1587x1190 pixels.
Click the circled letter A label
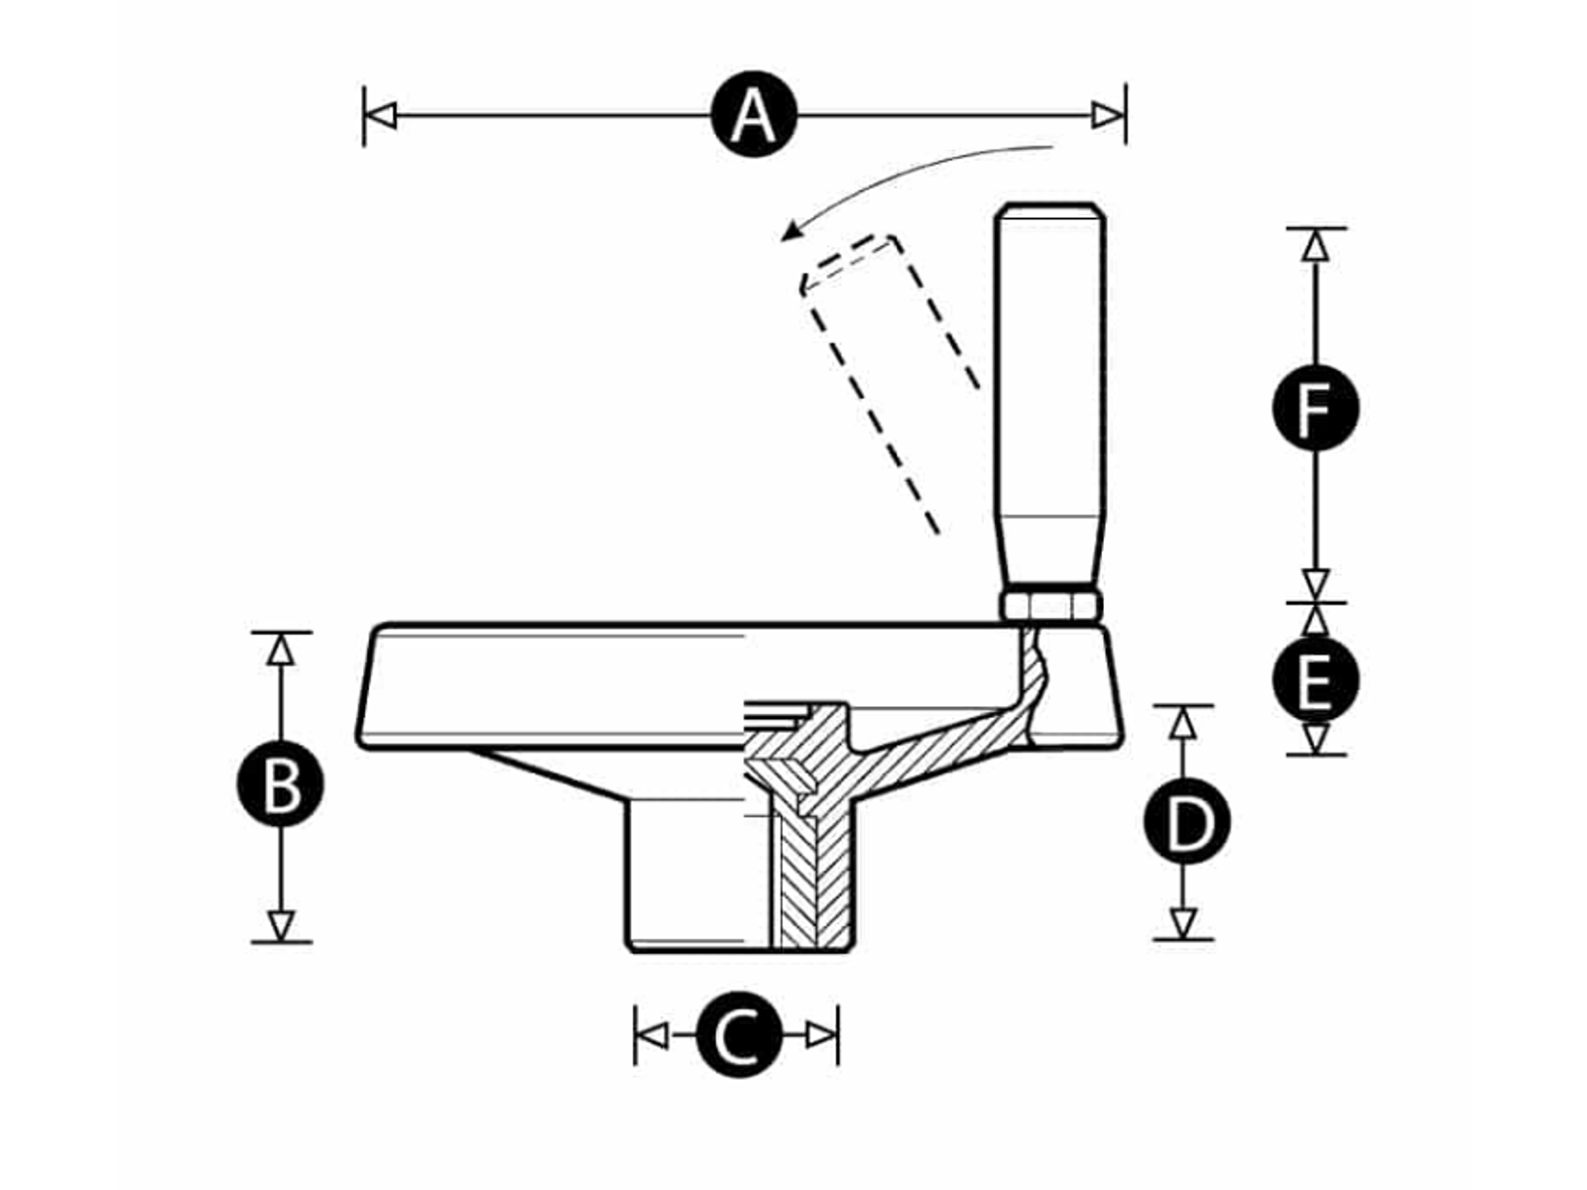755,114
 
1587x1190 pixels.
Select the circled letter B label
281,784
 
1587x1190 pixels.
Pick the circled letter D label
1187,822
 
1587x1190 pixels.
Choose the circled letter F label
1315,408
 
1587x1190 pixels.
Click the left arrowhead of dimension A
381,115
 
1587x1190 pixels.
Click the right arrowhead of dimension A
1108,115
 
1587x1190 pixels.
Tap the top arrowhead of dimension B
282,649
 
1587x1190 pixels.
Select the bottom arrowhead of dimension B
282,925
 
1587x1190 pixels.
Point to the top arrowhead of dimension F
1315,245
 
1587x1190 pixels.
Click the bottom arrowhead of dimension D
1183,923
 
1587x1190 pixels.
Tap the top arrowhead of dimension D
1183,723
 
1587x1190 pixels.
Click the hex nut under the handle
1050,604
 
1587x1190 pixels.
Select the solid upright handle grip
1050,397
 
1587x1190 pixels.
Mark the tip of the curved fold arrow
786,237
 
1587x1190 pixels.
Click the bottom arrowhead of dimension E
1315,739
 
